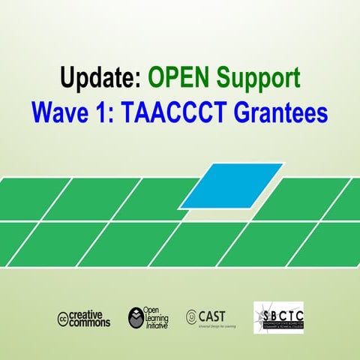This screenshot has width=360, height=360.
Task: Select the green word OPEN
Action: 180,77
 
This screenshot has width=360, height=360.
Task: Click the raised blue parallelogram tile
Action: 232,184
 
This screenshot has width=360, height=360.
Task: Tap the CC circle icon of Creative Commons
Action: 64,319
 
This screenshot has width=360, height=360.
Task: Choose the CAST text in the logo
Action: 211,316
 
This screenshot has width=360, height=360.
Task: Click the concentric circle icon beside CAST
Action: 191,316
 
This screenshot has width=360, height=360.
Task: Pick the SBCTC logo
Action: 278,317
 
